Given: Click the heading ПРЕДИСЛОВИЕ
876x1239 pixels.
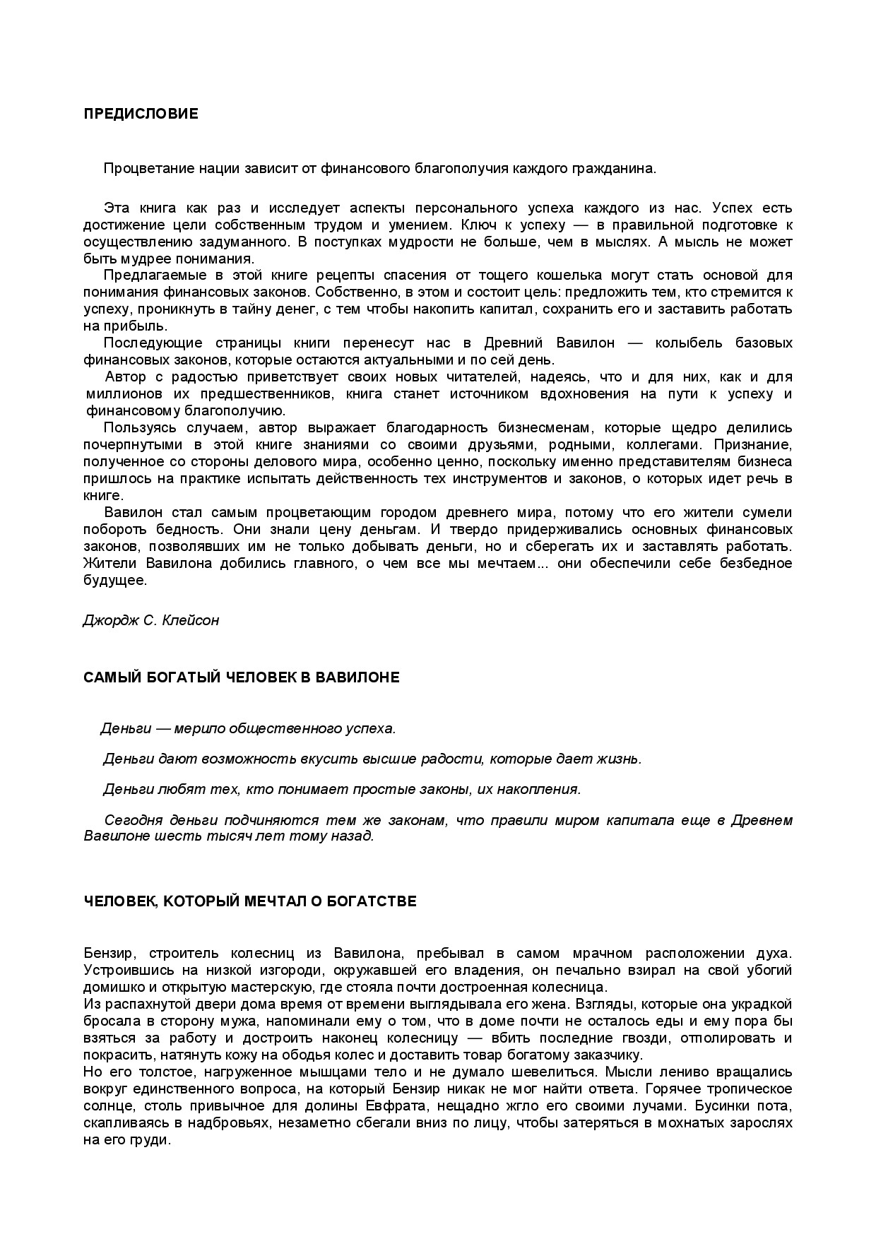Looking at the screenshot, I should [141, 114].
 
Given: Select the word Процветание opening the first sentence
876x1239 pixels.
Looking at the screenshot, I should [146, 168].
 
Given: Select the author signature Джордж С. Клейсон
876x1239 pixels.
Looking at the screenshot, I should [151, 620].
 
